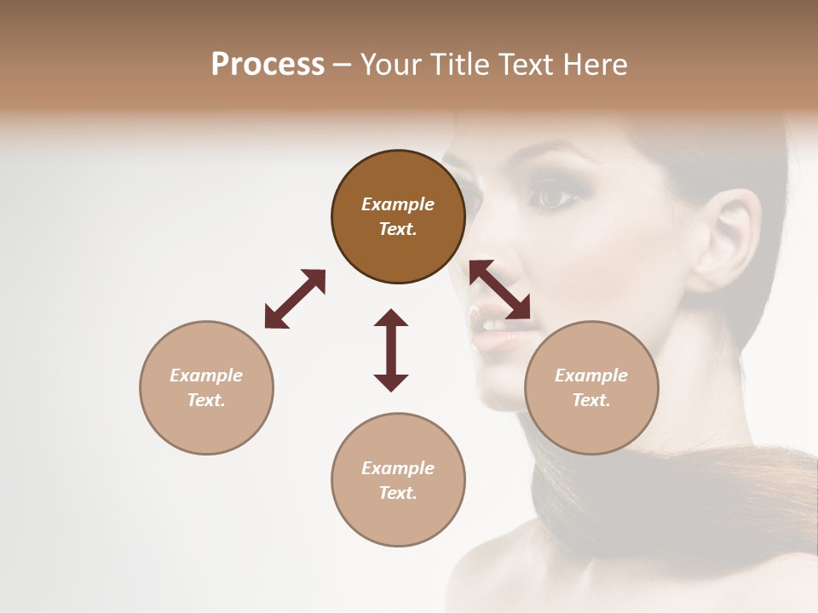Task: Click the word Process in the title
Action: coord(268,64)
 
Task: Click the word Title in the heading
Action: coord(459,64)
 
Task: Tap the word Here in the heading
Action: coord(596,64)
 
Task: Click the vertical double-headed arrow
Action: coord(391,350)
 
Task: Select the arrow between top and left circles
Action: coord(295,298)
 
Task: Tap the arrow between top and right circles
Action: coord(500,289)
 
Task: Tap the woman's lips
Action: coord(492,328)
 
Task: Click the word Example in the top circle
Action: coord(398,204)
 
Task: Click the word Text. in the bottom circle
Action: coord(398,493)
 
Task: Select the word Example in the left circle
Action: coord(206,375)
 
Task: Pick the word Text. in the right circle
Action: coord(591,400)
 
